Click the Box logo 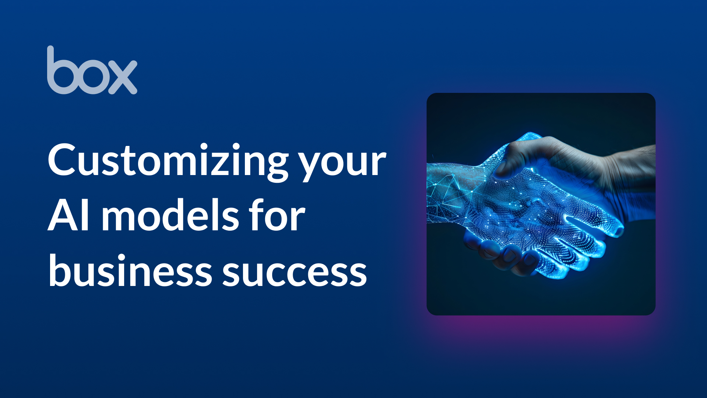tap(92, 70)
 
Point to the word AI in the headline tap(69, 216)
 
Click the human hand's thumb tap(516, 157)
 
